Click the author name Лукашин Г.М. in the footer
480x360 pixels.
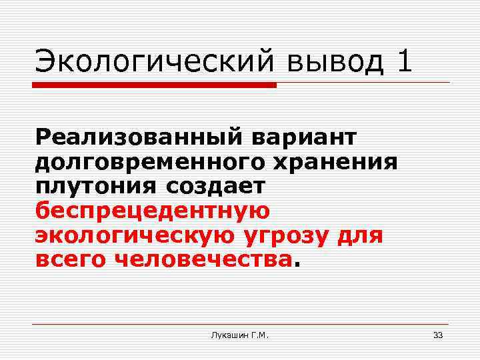[239, 335]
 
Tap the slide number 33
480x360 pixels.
[438, 335]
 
